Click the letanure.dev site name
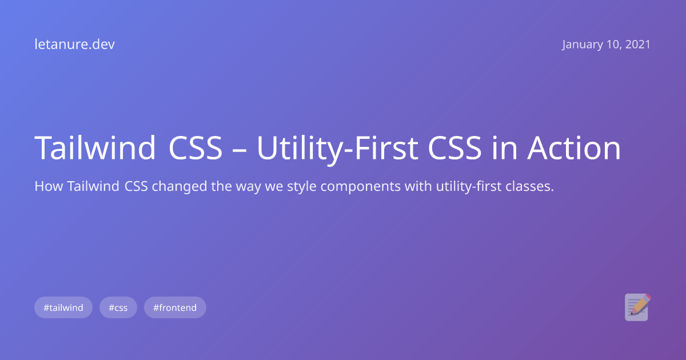(74, 45)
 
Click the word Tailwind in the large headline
(95, 148)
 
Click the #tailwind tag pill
(63, 307)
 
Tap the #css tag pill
(118, 307)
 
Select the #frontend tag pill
(175, 307)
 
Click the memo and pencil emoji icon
(637, 307)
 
